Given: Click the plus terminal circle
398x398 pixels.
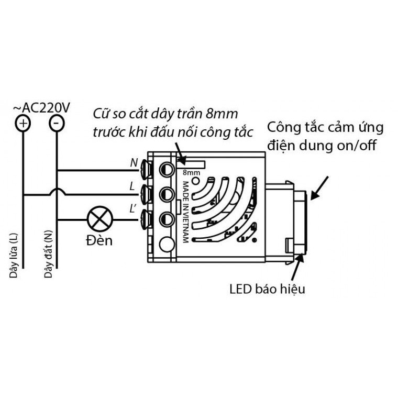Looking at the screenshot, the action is [23, 124].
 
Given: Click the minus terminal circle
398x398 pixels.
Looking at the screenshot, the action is [57, 124].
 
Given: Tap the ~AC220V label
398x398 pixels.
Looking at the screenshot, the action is [41, 108].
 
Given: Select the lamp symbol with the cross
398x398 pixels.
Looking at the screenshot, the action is [99, 219].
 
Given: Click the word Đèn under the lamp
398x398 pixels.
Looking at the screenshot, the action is [99, 240].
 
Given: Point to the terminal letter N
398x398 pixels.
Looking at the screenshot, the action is [134, 163].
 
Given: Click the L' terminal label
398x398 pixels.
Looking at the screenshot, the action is [132, 209].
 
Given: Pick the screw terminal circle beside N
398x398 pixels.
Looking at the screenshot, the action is [167, 169].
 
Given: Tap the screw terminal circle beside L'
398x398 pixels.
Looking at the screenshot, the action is [167, 219].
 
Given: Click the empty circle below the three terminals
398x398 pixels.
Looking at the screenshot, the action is [167, 245].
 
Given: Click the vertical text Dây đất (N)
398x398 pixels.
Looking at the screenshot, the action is [48, 253].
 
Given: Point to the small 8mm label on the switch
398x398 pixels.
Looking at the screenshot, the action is [191, 173].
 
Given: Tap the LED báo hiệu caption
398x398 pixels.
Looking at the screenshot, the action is [267, 290].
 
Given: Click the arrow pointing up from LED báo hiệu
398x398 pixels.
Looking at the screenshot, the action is [297, 267].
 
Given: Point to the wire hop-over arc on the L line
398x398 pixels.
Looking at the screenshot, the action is [57, 191].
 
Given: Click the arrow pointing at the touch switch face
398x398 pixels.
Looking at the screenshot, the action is [319, 188].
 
